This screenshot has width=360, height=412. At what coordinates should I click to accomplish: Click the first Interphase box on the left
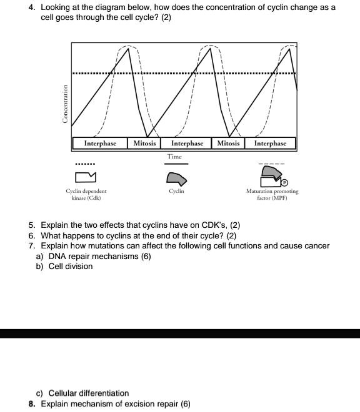coord(100,144)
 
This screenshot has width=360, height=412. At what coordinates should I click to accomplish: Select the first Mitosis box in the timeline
coord(145,144)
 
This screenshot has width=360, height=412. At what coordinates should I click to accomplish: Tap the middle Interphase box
coord(187,144)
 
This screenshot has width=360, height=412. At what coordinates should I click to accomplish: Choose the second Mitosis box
coord(228,144)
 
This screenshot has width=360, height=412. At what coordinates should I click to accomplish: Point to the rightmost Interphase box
coord(270,144)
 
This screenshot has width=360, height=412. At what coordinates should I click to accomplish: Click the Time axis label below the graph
coord(176,157)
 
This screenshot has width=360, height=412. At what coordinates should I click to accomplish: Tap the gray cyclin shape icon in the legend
coord(176,179)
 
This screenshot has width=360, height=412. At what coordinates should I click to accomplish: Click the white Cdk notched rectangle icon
coord(85,180)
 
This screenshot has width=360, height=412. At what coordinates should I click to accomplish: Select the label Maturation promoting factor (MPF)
coord(272,194)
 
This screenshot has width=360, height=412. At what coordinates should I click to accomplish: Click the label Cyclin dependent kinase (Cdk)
coord(86,194)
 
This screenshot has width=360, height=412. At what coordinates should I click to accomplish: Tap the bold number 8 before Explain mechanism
coord(31,404)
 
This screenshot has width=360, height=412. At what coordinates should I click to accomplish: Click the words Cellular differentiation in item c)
coord(89,393)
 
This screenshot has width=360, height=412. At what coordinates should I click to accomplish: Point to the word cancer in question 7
coord(316,246)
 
